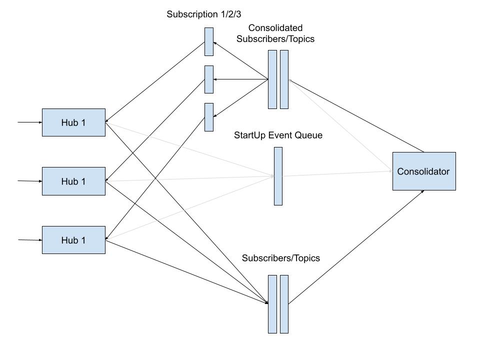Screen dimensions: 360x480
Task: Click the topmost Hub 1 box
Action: coord(73,122)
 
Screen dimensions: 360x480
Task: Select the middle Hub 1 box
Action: coord(73,181)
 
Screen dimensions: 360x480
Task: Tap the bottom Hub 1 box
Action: coord(73,240)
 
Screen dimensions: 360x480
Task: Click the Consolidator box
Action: coord(423,171)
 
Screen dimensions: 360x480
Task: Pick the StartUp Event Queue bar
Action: coord(278,176)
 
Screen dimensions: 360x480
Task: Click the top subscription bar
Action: coord(209,41)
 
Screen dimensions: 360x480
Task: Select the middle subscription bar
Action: coord(209,79)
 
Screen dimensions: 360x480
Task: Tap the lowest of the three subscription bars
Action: coord(209,117)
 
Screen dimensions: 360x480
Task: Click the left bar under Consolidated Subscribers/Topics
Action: coord(272,79)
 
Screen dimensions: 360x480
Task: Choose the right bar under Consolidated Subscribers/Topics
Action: coord(284,79)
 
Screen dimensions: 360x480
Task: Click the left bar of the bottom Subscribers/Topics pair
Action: coord(272,304)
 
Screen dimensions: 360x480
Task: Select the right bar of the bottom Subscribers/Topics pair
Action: coord(284,304)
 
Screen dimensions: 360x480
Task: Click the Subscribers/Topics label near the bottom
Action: coord(280,258)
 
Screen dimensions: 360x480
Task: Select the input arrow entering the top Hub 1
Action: coord(29,122)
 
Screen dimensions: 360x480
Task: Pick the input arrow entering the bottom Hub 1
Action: coord(29,240)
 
